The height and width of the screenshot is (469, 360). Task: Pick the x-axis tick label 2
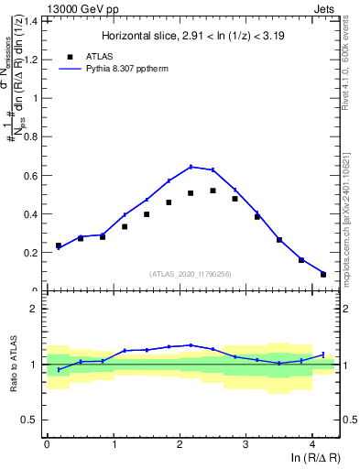click(179, 445)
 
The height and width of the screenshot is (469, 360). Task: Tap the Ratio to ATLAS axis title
click(13, 364)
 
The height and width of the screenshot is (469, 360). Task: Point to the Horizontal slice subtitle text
click(193, 37)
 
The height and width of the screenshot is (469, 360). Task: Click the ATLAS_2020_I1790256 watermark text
click(191, 274)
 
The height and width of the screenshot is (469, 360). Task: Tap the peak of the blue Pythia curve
click(191, 166)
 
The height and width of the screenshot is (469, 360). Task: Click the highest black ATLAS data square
click(213, 191)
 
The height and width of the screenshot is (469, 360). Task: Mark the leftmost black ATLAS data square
click(59, 245)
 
